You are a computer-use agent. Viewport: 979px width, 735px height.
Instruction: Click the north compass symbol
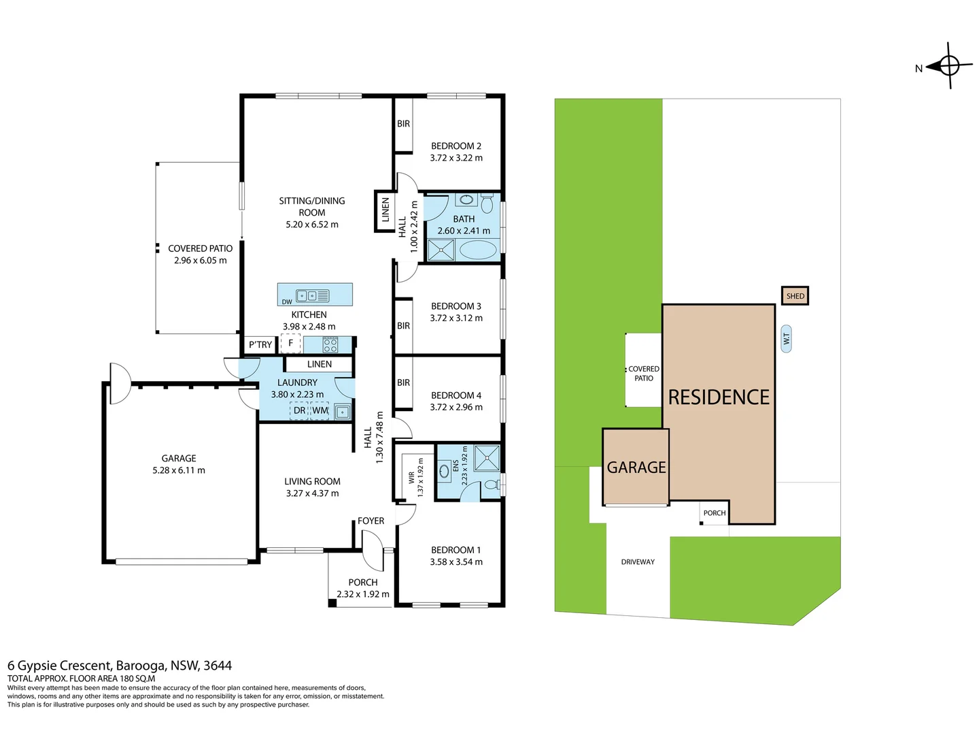pos(948,66)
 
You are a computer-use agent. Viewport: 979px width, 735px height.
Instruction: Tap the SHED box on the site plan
pos(795,296)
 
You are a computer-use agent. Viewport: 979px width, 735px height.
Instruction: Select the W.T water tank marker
pos(787,339)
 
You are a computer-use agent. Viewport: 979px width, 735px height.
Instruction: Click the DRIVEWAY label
pos(638,562)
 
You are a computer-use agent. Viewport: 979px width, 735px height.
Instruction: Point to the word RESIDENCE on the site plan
pos(719,397)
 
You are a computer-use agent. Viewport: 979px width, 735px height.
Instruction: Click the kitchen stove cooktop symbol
pos(330,345)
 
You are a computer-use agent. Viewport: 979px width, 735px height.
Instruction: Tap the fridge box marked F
pos(290,343)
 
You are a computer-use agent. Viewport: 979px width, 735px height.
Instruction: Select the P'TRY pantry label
pos(260,344)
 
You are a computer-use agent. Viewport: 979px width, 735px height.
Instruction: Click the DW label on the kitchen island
pos(287,301)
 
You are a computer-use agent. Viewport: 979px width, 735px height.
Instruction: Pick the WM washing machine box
pos(320,410)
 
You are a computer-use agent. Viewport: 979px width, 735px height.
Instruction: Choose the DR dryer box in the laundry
pos(299,410)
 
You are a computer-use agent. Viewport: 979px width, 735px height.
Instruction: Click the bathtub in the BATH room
pos(478,250)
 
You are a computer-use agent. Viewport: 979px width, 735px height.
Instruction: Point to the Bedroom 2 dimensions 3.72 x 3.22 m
pos(456,158)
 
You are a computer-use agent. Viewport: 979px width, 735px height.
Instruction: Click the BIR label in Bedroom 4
pos(403,382)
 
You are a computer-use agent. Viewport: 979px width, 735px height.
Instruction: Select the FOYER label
pos(371,521)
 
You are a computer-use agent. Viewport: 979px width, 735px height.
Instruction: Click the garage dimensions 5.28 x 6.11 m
pos(179,470)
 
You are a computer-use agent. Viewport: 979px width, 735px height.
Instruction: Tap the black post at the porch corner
pos(332,604)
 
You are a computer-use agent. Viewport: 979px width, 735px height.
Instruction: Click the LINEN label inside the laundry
pos(320,364)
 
